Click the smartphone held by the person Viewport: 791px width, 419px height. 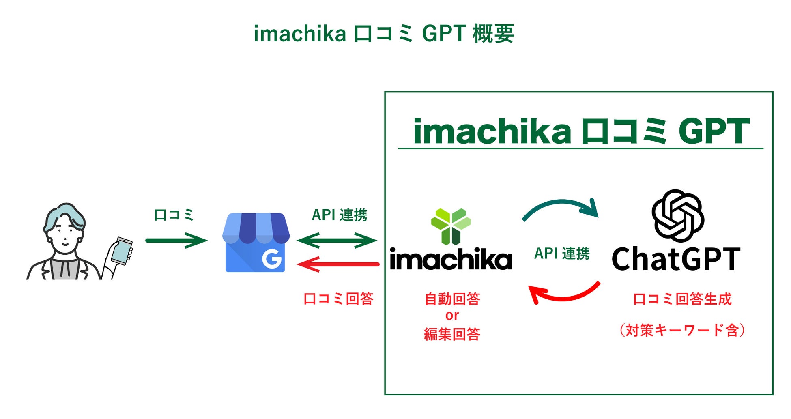(x=122, y=251)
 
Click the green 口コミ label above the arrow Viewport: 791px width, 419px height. (x=174, y=215)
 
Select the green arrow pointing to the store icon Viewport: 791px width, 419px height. (x=176, y=240)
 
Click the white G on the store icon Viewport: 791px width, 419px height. (x=271, y=259)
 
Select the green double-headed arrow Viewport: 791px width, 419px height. (x=337, y=240)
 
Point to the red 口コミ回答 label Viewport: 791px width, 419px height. (x=338, y=299)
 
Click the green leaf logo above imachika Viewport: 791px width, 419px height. (x=451, y=226)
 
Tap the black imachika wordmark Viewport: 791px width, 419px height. (x=451, y=259)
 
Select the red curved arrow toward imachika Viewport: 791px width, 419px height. (x=564, y=294)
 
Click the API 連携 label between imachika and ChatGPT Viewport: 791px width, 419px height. (x=562, y=254)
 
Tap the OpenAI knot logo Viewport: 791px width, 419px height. (x=677, y=216)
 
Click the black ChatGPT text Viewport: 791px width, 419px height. (x=676, y=259)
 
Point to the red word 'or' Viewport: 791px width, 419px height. (x=452, y=316)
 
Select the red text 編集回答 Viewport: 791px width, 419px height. (x=452, y=334)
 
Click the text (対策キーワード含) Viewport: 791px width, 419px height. (x=681, y=330)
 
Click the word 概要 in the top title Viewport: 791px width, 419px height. (x=493, y=34)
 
